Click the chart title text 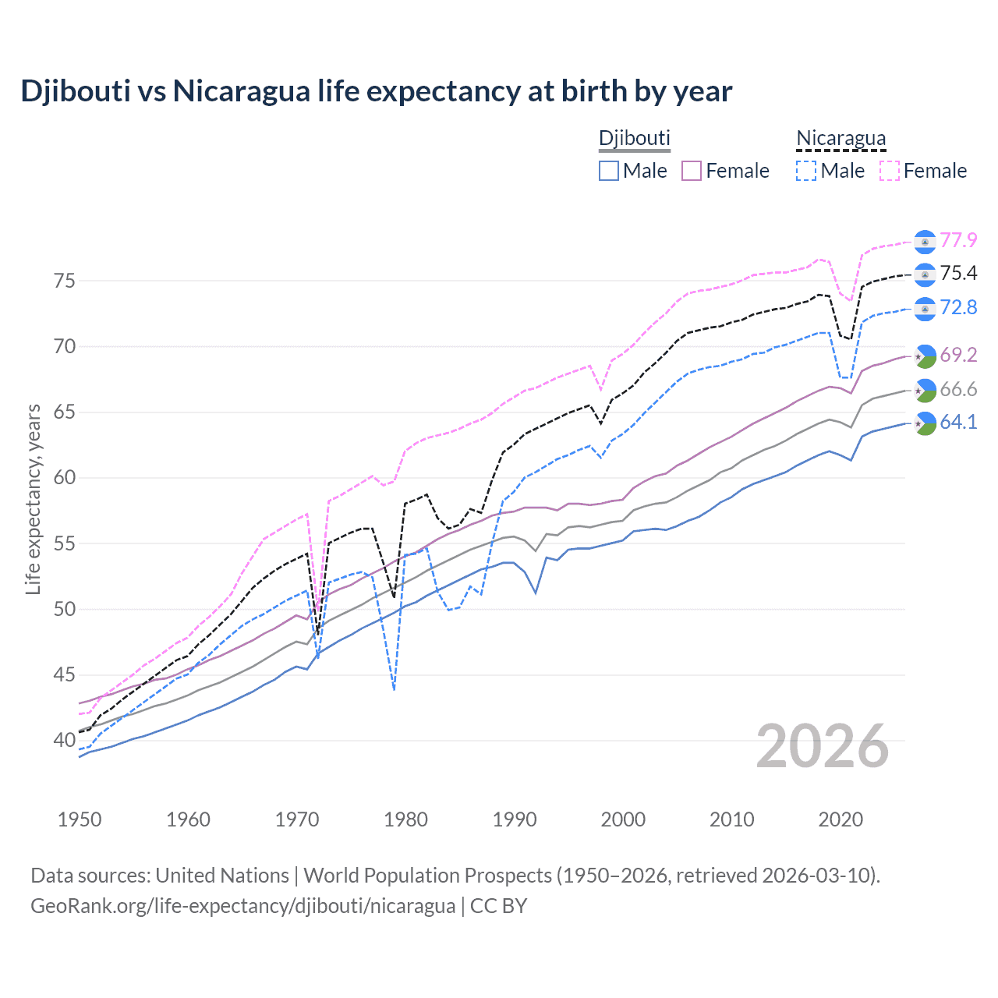pos(376,91)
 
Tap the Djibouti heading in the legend pos(634,138)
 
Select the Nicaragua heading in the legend pos(841,138)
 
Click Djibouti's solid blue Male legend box pos(609,171)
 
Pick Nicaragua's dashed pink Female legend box pos(890,171)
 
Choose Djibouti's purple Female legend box pos(692,171)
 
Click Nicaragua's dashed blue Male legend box pos(807,171)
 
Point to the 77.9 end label pos(958,240)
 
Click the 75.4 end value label pos(958,273)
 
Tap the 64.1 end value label pos(958,423)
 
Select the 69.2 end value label pos(958,356)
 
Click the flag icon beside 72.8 pos(925,309)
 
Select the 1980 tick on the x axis pos(405,819)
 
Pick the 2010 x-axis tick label pos(731,819)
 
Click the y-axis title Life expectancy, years pos(33,499)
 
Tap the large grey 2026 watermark pos(823,746)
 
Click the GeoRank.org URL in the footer pos(242,906)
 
